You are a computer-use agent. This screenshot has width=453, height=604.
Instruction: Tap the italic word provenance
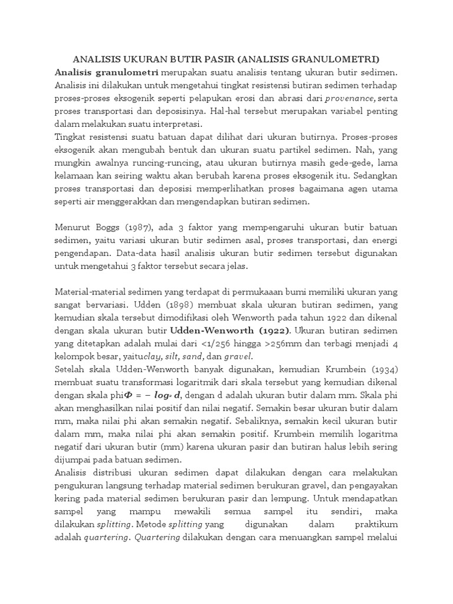349,98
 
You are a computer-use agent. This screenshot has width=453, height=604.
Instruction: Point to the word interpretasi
175,124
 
